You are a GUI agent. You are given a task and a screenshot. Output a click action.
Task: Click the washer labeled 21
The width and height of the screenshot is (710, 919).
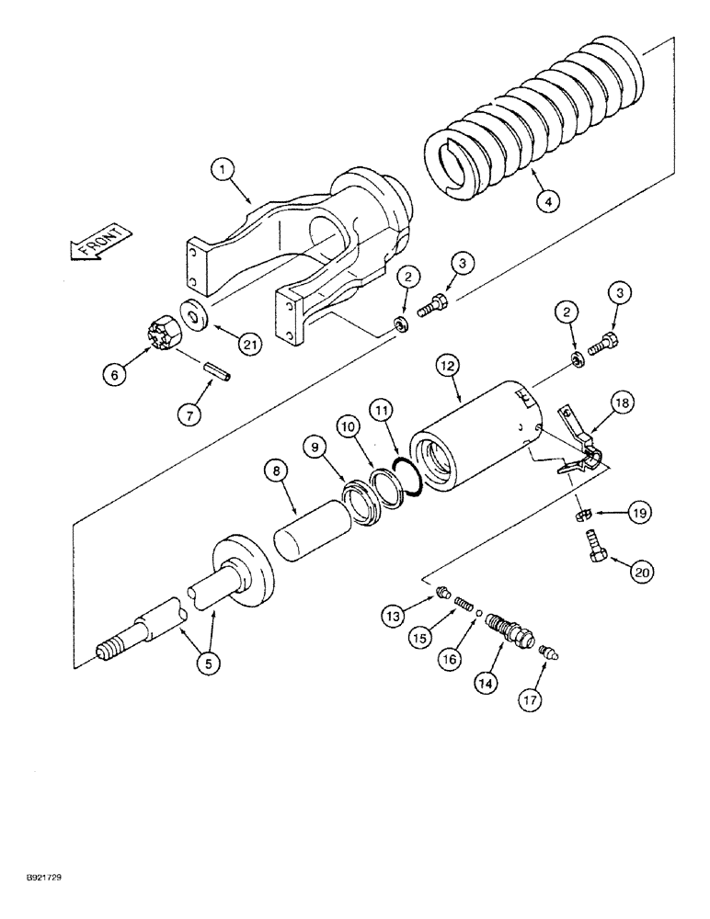point(196,314)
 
